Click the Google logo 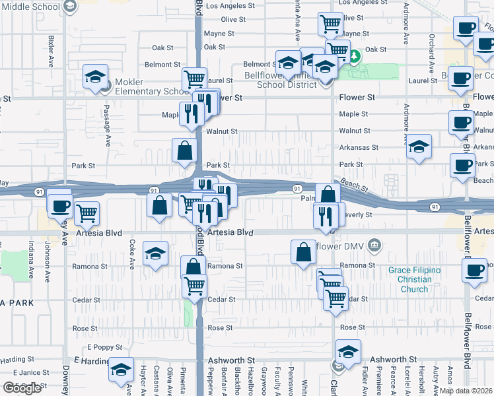pos(22,388)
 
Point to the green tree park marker pos(354,56)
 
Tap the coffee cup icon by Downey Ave pos(59,206)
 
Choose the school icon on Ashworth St pos(348,352)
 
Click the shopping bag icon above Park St pos(184,151)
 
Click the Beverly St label pos(359,215)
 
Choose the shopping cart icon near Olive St pos(330,24)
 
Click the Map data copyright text pos(466,391)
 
